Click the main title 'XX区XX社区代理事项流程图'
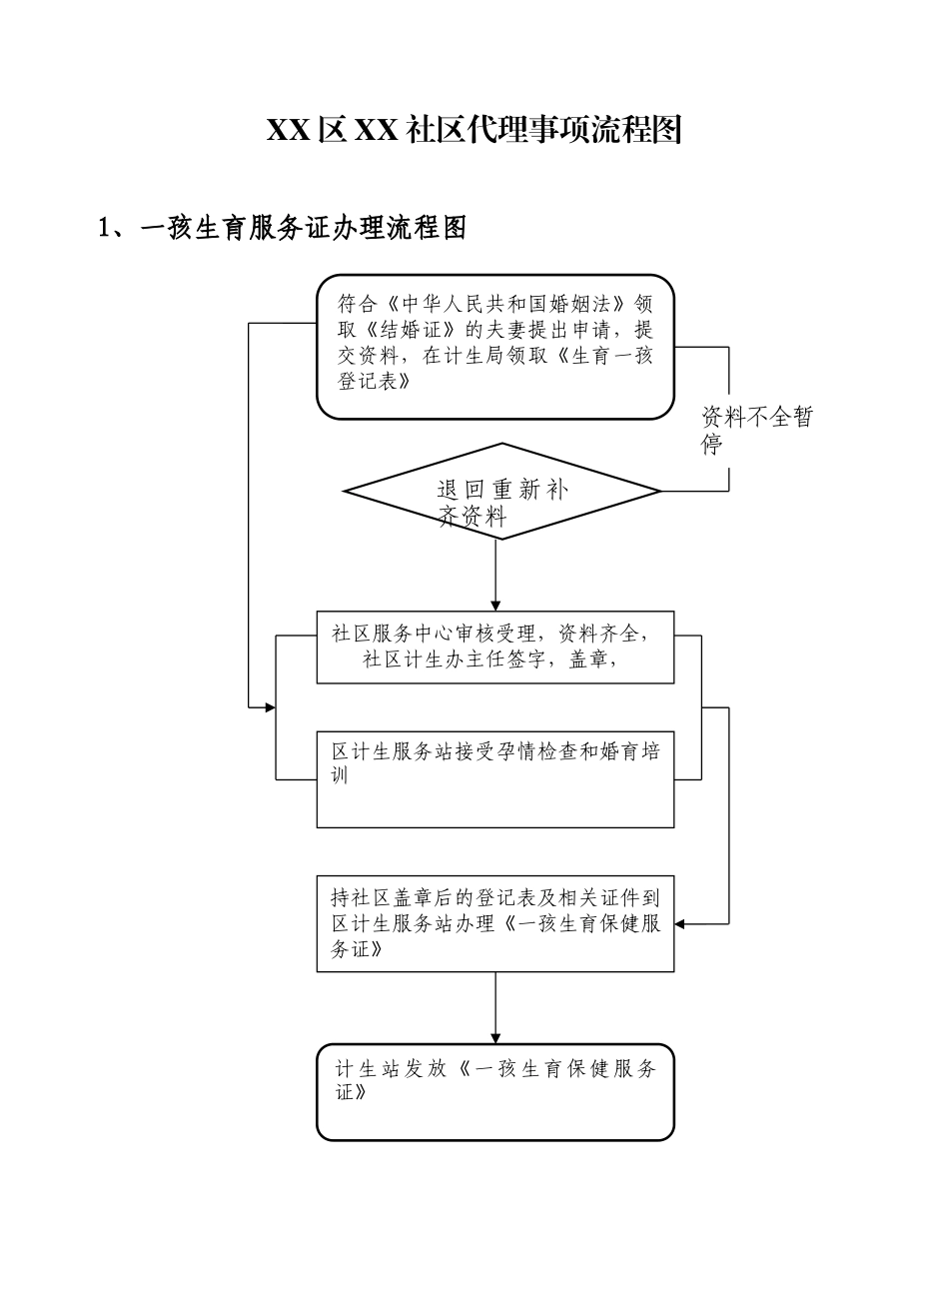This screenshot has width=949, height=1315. point(474,131)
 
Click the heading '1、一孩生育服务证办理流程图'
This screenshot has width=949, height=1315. point(283,229)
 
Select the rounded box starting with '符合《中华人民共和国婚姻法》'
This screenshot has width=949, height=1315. point(495,346)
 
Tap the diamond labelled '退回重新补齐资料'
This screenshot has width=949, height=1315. point(501,492)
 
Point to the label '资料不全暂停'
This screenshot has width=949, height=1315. point(756,431)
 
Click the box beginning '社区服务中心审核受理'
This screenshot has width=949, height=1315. point(495,647)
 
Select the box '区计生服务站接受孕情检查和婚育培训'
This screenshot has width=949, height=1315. point(495,779)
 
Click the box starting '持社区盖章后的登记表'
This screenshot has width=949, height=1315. point(495,923)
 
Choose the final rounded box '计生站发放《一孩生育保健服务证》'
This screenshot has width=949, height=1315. point(495,1091)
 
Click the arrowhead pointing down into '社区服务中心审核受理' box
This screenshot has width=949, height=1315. point(495,606)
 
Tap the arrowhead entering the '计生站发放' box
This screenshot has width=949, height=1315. point(495,1038)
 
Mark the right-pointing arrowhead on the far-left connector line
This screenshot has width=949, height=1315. point(269,707)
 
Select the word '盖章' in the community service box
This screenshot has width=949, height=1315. point(588,659)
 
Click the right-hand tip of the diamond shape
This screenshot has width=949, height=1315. point(659,492)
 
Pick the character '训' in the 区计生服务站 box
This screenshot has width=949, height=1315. point(341,775)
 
